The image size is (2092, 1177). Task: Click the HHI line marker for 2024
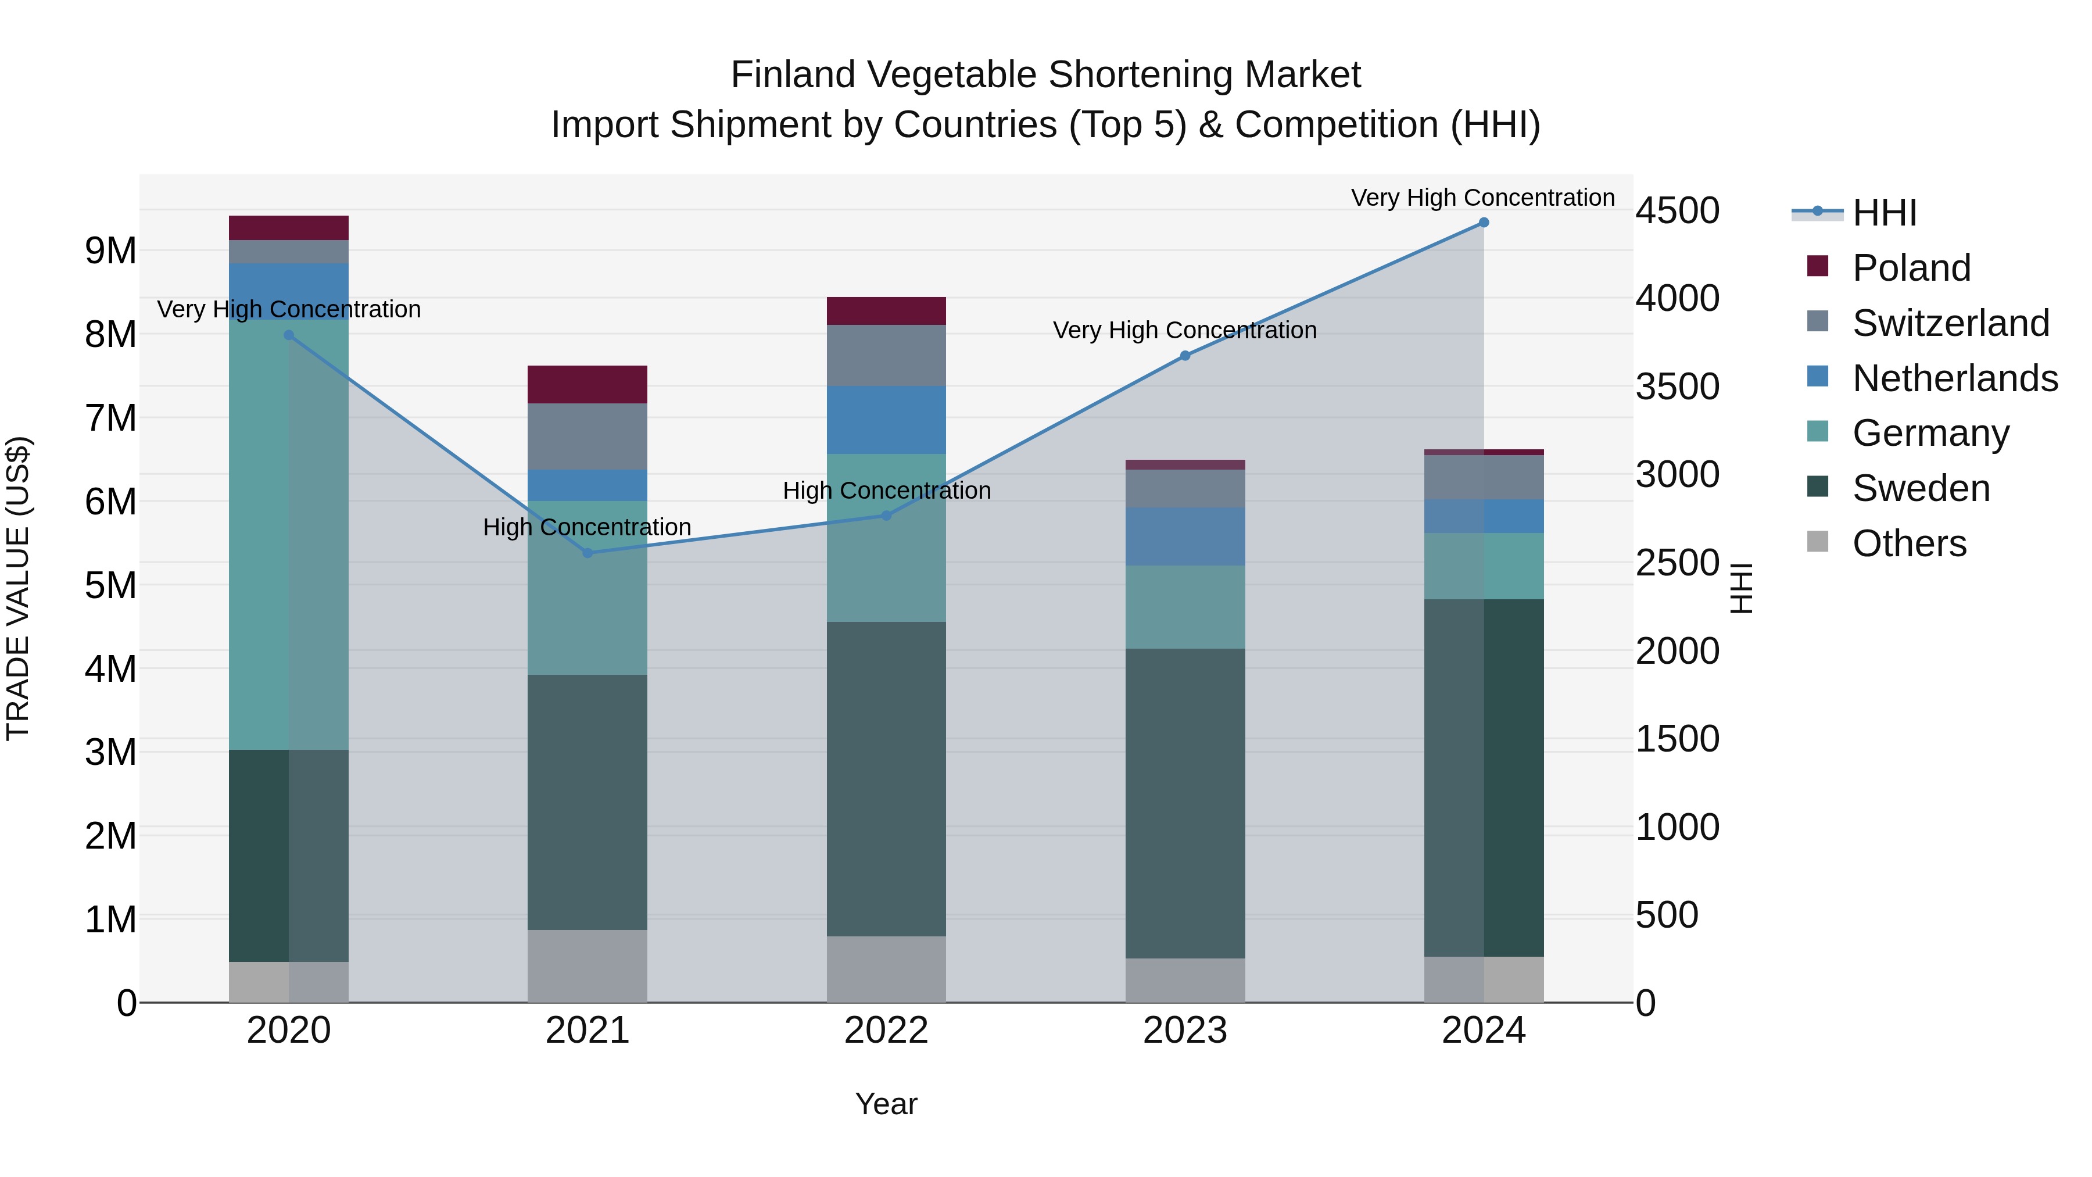tap(1484, 222)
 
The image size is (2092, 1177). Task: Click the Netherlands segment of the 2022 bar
tap(886, 420)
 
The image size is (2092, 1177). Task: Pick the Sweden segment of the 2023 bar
tap(1185, 803)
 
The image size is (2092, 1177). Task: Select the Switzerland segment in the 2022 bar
tap(886, 356)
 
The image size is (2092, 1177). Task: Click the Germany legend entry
tap(1930, 433)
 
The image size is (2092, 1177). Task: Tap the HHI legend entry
tap(1884, 213)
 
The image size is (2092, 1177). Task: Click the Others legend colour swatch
tap(1818, 542)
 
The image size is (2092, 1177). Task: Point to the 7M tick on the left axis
tap(110, 418)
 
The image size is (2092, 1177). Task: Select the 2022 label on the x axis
tap(886, 1031)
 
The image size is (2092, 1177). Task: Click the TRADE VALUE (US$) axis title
tap(18, 588)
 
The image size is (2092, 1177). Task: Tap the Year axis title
tap(886, 1104)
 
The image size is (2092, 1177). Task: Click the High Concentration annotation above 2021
tap(587, 527)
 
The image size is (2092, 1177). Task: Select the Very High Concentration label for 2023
tap(1185, 331)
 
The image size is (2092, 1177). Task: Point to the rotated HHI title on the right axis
tap(1741, 588)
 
